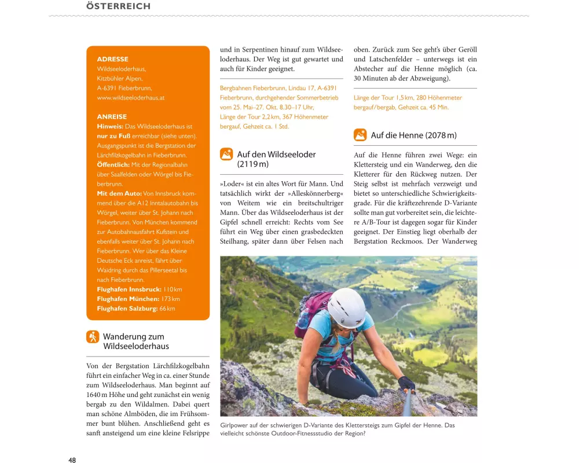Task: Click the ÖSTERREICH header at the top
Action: coord(118,6)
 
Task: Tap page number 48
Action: coord(72,460)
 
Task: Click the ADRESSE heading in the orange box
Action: coord(113,59)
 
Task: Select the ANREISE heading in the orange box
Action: coord(112,117)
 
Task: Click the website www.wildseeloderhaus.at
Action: coord(131,98)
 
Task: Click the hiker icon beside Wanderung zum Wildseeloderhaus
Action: coord(93,337)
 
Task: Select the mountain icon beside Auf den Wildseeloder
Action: coord(226,155)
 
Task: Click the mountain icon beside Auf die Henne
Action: coord(360,135)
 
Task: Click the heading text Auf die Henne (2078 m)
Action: coord(413,135)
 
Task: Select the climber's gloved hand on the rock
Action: coord(406,383)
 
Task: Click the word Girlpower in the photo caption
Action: coord(235,425)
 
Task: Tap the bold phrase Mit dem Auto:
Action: coord(119,193)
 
